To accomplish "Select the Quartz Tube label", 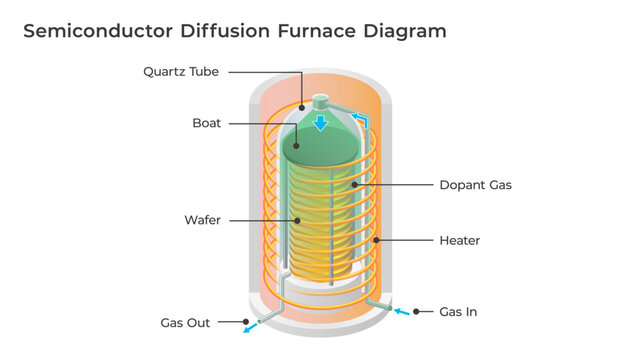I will pos(181,71).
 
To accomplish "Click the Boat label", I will pos(207,123).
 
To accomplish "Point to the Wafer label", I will pos(203,219).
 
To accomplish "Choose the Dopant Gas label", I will pos(475,185).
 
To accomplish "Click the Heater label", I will pos(460,240).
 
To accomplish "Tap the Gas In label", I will pos(458,312).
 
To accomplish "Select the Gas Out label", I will pos(185,322).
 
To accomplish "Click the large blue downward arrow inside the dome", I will pos(320,123).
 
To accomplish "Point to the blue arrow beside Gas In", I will pos(400,312).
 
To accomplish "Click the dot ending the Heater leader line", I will pos(376,240).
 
